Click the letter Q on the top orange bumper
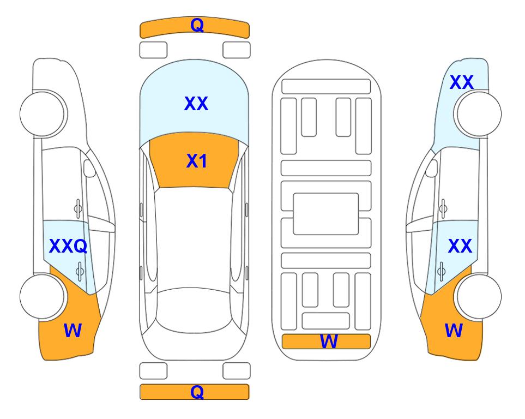[197, 25]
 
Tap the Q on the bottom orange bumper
[197, 392]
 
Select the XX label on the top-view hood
[196, 104]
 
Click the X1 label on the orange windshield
[197, 161]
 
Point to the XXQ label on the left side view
[68, 247]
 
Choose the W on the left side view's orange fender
[73, 331]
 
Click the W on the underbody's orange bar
[329, 342]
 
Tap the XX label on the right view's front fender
[461, 82]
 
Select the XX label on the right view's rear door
[460, 246]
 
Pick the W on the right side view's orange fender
[454, 331]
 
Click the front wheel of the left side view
[43, 114]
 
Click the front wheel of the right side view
[478, 114]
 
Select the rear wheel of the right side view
[478, 297]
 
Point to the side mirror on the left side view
[89, 168]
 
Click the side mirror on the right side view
[431, 168]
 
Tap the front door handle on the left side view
[78, 208]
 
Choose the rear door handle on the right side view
[441, 271]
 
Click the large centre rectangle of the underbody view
[326, 214]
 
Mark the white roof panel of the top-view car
[194, 238]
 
